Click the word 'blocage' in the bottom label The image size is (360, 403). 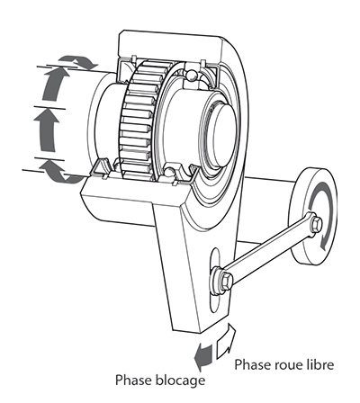(181, 381)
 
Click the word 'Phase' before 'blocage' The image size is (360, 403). (134, 380)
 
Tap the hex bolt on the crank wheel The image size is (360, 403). (317, 224)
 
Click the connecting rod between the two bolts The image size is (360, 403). (270, 252)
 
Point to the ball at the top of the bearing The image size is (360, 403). (191, 75)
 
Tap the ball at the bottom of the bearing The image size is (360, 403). (170, 173)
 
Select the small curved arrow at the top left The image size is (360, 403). (78, 61)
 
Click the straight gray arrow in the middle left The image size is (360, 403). (47, 130)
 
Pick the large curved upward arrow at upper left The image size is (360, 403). (56, 84)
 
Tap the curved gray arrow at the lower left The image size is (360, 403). (61, 172)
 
